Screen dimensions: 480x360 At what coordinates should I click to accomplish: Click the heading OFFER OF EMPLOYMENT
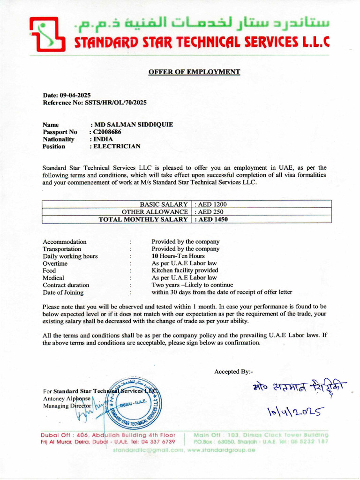(194, 72)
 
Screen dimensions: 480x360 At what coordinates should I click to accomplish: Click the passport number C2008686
(107, 132)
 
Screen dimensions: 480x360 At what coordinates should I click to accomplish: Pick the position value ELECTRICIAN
(117, 146)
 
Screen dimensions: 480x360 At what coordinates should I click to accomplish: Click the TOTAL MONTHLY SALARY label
(143, 219)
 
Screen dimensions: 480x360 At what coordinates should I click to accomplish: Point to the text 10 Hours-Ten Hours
(178, 256)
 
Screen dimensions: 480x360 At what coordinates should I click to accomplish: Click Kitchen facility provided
(185, 270)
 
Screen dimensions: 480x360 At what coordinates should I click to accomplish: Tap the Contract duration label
(66, 285)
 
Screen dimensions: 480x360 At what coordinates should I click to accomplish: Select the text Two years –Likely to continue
(192, 285)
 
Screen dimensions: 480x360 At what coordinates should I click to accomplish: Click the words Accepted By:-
(233, 372)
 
